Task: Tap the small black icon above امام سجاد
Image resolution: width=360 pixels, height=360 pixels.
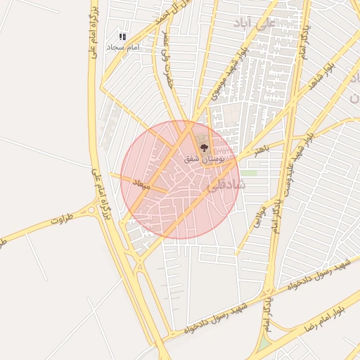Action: coord(122,36)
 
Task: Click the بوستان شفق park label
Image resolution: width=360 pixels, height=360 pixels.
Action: coord(205,160)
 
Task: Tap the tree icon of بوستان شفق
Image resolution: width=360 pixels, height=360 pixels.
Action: coord(205,148)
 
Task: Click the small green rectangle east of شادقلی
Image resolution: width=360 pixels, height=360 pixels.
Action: coord(250,172)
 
